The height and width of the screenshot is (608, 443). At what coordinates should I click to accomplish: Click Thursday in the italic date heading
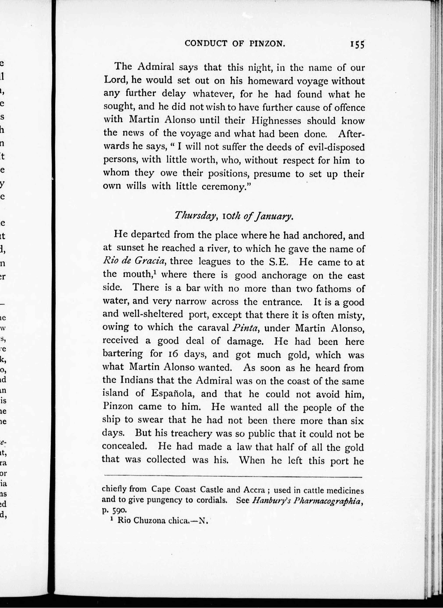point(195,215)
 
